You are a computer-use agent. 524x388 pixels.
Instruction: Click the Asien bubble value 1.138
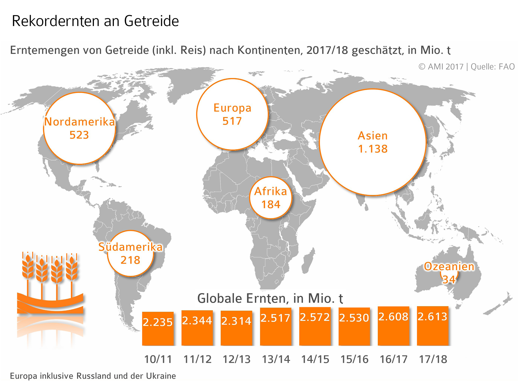coord(373,149)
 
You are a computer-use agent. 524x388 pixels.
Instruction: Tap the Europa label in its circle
coord(232,108)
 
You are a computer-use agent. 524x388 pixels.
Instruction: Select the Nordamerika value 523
coord(79,135)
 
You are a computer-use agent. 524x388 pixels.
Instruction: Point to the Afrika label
coord(271,191)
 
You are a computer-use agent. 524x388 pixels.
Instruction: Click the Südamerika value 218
coord(130,260)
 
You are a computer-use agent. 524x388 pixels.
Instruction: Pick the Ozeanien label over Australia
coord(449,267)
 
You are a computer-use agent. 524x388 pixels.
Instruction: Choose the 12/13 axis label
coord(236,359)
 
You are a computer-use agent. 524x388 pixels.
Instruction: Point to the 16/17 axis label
coord(394,359)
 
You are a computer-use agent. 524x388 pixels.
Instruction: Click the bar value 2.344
coord(197,321)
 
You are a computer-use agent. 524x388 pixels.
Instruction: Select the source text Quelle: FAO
coord(493,67)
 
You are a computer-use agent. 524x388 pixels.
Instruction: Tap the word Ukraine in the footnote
coord(161,376)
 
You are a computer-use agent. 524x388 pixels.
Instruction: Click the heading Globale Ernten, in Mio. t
coord(270,298)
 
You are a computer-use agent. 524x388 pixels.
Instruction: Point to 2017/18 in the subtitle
coord(327,50)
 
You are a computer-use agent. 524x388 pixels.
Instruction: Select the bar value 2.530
coord(354,318)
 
